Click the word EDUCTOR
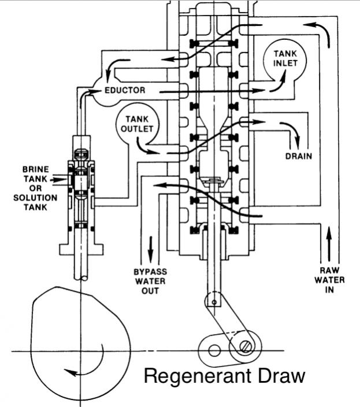pos(125,90)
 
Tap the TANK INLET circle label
pos(285,58)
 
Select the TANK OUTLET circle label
pos(137,124)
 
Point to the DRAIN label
pos(299,156)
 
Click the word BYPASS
pos(150,272)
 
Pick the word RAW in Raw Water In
pos(329,271)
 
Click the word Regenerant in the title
pos(198,376)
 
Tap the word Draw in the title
pos(281,375)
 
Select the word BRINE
pos(35,169)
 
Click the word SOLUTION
pos(35,198)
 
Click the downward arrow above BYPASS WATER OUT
pos(150,250)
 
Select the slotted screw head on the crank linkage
pos(246,347)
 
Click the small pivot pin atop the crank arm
pos(214,302)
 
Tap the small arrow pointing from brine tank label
pos(60,180)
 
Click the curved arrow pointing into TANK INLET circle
pos(278,81)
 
